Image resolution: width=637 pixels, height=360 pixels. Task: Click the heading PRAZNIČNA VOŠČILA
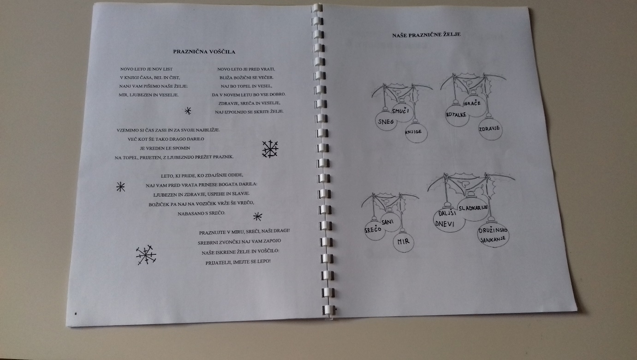click(x=204, y=52)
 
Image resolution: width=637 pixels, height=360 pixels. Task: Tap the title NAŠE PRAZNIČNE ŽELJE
click(x=426, y=35)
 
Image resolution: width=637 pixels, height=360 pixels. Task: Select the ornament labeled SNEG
click(x=386, y=120)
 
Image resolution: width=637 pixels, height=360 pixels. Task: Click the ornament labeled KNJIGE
click(x=417, y=132)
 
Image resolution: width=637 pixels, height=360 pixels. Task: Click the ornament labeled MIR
click(x=404, y=241)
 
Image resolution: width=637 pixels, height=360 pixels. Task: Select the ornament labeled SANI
click(x=390, y=222)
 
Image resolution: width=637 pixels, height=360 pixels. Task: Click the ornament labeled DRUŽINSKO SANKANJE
click(x=493, y=234)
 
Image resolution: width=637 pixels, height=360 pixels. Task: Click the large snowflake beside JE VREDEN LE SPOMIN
click(x=269, y=149)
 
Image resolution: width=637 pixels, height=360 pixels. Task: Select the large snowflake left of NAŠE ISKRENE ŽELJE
click(x=146, y=255)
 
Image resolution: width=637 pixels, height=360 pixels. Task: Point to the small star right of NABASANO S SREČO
click(x=257, y=217)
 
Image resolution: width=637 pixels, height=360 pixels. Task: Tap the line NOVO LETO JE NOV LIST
click(x=147, y=69)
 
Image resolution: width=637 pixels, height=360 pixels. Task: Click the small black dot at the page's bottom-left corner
click(x=76, y=313)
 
